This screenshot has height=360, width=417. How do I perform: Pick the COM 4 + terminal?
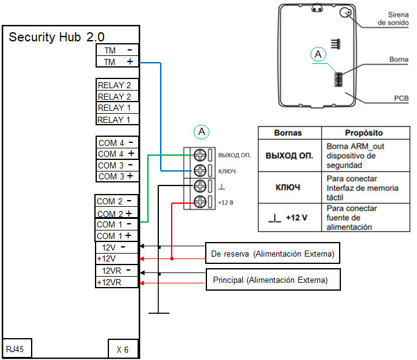[116, 154]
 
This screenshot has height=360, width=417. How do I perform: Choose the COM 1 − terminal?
[116, 224]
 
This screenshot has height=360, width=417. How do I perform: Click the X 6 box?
[122, 349]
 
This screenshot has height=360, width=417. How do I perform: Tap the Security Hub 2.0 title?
[57, 37]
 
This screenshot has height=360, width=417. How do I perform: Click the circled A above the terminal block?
[201, 131]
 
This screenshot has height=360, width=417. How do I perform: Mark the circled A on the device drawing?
[318, 55]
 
